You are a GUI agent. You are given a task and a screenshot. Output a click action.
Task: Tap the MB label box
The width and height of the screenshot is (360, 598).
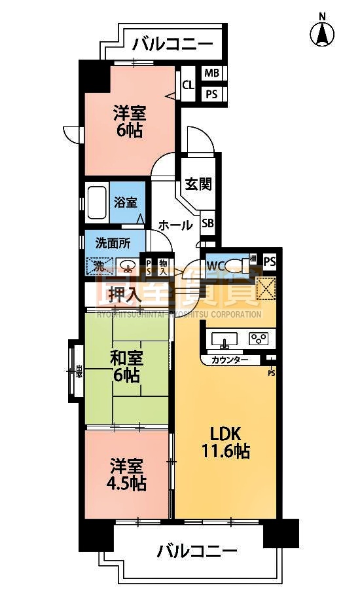pos(212,73)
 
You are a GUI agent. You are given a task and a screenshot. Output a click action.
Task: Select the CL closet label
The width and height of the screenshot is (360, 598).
pos(188,84)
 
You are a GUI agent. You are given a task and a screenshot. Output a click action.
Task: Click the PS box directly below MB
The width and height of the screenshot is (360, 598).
pos(212,94)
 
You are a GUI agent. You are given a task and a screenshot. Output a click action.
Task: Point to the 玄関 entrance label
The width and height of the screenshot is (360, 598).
pos(198,184)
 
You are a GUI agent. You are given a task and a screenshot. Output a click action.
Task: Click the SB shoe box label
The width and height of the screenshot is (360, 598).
pos(207,223)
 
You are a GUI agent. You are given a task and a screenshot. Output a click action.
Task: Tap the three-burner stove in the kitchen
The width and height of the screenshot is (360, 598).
pos(259,339)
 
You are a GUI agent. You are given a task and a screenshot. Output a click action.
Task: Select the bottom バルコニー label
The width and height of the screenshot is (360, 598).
pos(196,551)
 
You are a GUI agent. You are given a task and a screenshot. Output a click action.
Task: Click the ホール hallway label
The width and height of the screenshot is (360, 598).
pos(175,225)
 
